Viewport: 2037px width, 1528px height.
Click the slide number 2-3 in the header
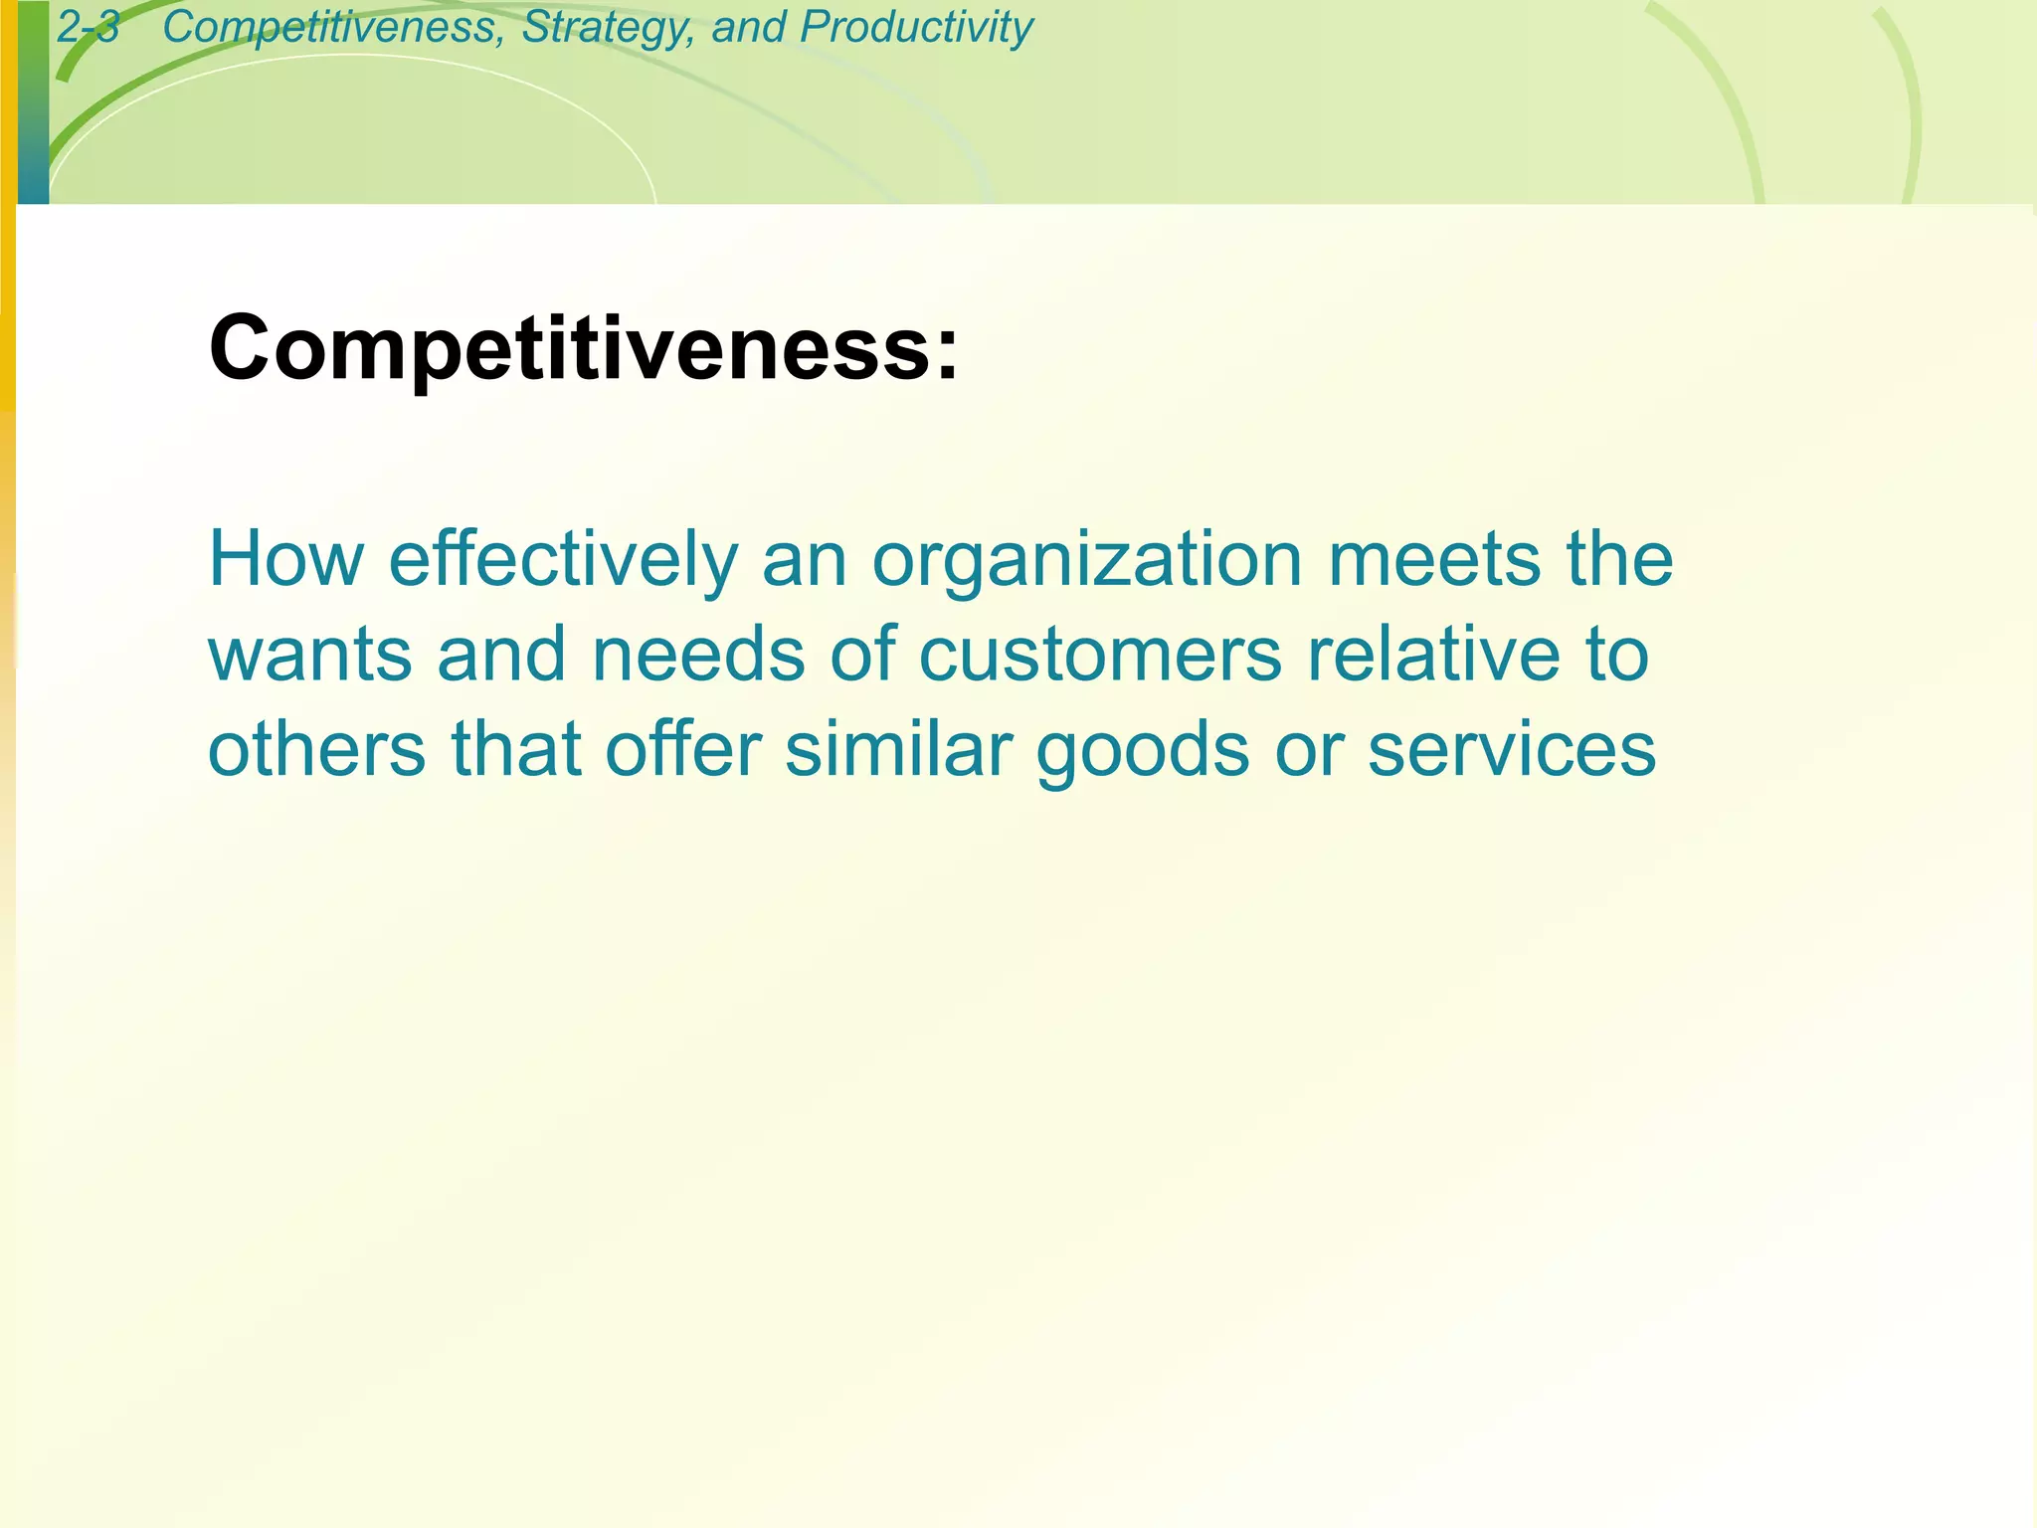point(89,27)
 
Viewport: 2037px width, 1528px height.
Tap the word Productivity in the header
point(916,27)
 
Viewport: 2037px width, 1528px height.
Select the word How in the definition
point(285,559)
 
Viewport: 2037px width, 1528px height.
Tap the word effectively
point(563,559)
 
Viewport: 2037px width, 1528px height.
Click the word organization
point(1087,559)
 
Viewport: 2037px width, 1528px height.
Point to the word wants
point(309,655)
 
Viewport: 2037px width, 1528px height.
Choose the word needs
point(698,655)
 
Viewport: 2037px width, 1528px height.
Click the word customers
point(1100,655)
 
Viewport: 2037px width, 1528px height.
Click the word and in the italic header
point(747,27)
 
